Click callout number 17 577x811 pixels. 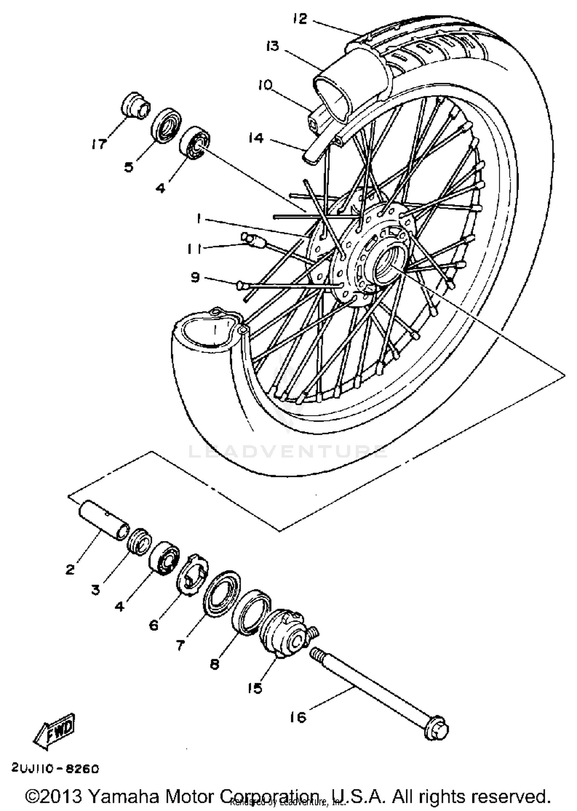click(x=98, y=144)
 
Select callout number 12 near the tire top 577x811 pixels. click(x=300, y=18)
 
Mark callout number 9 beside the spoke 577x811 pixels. click(x=195, y=277)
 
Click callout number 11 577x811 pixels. click(x=194, y=249)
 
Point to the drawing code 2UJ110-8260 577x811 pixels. click(x=55, y=769)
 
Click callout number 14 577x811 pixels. click(x=256, y=138)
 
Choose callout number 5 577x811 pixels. click(x=128, y=167)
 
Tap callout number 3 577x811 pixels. click(x=95, y=589)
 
